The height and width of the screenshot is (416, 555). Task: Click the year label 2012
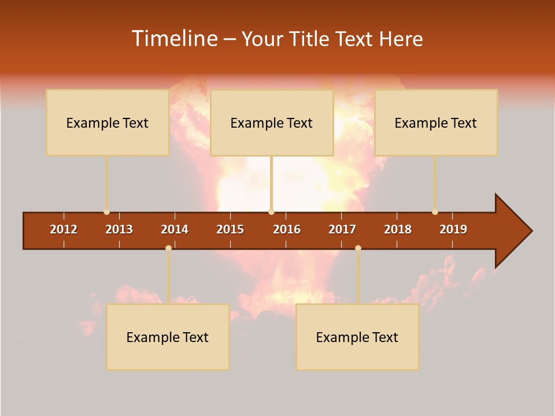tap(64, 229)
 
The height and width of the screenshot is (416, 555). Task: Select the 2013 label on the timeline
tap(119, 229)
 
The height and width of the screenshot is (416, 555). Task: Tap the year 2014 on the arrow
tap(175, 229)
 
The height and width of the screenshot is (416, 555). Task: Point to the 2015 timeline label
tap(230, 229)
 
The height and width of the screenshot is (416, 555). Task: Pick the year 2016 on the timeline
tap(287, 229)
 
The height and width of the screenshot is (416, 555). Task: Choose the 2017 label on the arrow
tap(342, 229)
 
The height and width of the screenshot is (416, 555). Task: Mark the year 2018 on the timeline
tap(398, 229)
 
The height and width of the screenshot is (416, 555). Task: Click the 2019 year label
tap(453, 229)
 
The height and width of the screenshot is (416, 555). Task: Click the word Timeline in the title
tap(173, 39)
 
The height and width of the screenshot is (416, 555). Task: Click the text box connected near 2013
tap(108, 122)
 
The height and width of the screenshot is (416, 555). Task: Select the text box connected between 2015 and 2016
tap(272, 122)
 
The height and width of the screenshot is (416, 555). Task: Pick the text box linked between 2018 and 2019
tap(436, 122)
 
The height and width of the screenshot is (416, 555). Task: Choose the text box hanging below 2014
tap(168, 337)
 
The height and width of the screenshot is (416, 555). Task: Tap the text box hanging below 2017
tap(357, 337)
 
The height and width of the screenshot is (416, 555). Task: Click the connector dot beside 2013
tap(106, 212)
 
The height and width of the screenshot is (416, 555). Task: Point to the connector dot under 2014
tap(168, 248)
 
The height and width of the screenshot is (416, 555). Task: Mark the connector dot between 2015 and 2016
tap(272, 212)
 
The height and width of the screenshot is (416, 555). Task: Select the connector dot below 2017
tap(358, 248)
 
